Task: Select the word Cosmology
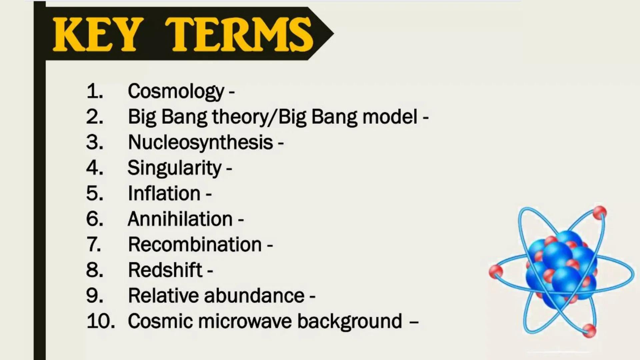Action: tap(176, 91)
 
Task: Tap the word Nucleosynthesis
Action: tap(200, 142)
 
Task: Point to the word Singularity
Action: tap(174, 168)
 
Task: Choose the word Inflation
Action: tap(164, 193)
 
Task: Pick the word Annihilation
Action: tap(180, 219)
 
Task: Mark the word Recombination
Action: tap(195, 244)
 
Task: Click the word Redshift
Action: tap(165, 270)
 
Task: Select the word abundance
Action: tap(254, 295)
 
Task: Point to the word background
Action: tap(349, 322)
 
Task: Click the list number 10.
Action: tap(100, 321)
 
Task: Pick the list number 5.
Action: tap(94, 193)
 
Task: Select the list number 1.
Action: tap(94, 91)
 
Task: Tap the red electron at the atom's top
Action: tap(599, 213)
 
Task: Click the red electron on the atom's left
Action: tap(496, 271)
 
